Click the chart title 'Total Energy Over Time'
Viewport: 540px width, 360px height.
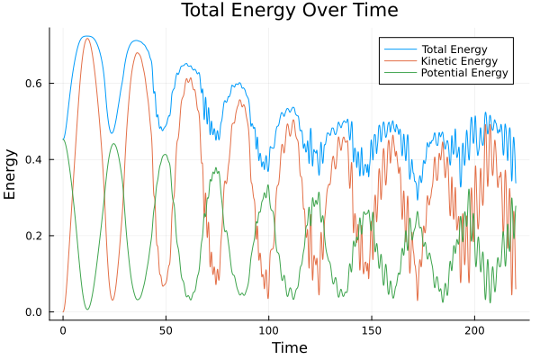click(276, 11)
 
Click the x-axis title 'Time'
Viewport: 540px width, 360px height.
click(289, 347)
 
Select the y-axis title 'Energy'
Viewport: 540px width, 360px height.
click(11, 174)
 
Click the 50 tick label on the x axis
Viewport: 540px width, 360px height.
click(166, 330)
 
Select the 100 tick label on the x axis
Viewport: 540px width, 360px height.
click(268, 330)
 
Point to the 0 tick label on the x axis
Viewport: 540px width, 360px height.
click(63, 330)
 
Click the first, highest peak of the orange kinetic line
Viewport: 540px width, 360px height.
click(87, 38)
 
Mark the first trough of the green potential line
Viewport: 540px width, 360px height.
click(87, 309)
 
